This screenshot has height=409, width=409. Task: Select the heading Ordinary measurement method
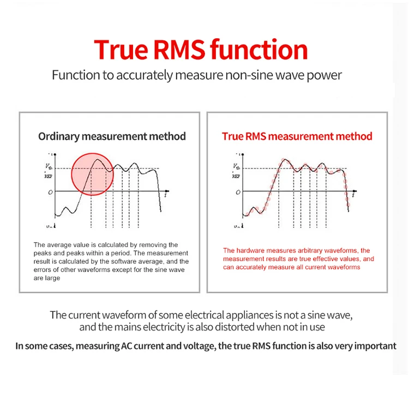112,136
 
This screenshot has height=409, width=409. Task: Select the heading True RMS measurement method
297,136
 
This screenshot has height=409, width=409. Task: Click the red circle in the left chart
92,173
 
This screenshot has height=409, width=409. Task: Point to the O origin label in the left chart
50,192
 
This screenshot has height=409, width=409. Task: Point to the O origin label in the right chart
238,192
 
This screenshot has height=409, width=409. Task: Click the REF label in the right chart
236,176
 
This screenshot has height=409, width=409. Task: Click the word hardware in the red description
252,250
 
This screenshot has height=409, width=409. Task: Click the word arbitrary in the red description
309,250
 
